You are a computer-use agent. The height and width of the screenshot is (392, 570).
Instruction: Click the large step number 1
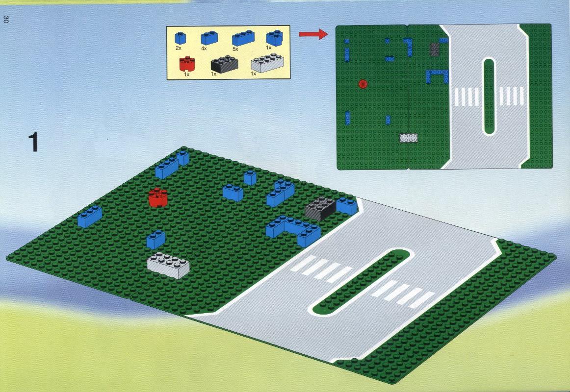33,142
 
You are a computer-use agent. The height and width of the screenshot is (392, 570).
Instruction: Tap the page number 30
5,19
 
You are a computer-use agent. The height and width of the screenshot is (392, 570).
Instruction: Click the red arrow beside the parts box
313,34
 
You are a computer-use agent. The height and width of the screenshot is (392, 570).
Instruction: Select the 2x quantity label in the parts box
178,48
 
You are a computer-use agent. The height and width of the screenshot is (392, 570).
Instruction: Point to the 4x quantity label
204,48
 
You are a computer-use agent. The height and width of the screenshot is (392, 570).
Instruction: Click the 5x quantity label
235,49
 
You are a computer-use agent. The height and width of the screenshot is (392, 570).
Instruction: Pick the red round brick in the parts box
187,64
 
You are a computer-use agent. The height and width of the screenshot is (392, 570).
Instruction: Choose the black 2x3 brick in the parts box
224,64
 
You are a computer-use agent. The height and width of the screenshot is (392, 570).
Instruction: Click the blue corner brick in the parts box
275,38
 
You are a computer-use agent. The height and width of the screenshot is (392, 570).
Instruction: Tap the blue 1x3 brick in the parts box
243,38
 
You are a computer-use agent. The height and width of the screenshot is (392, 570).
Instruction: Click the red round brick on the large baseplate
158,197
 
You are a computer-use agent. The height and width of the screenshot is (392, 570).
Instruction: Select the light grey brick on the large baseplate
168,265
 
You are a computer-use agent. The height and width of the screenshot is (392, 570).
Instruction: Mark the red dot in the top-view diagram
363,84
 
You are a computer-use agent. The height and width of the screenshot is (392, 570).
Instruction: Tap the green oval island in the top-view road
489,96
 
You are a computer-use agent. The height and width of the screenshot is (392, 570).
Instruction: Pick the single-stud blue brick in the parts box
181,39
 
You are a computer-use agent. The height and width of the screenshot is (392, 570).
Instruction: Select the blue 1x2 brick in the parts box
209,38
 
